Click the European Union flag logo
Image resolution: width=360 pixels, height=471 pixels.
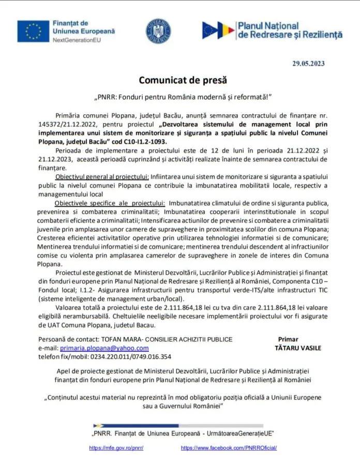pos(33,32)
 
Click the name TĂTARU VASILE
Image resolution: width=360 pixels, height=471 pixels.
pos(298,348)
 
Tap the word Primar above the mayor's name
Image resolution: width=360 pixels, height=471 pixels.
pos(288,339)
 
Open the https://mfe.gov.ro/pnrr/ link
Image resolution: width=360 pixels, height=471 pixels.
pos(116,448)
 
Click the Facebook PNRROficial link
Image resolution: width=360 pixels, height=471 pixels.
pos(229,448)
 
